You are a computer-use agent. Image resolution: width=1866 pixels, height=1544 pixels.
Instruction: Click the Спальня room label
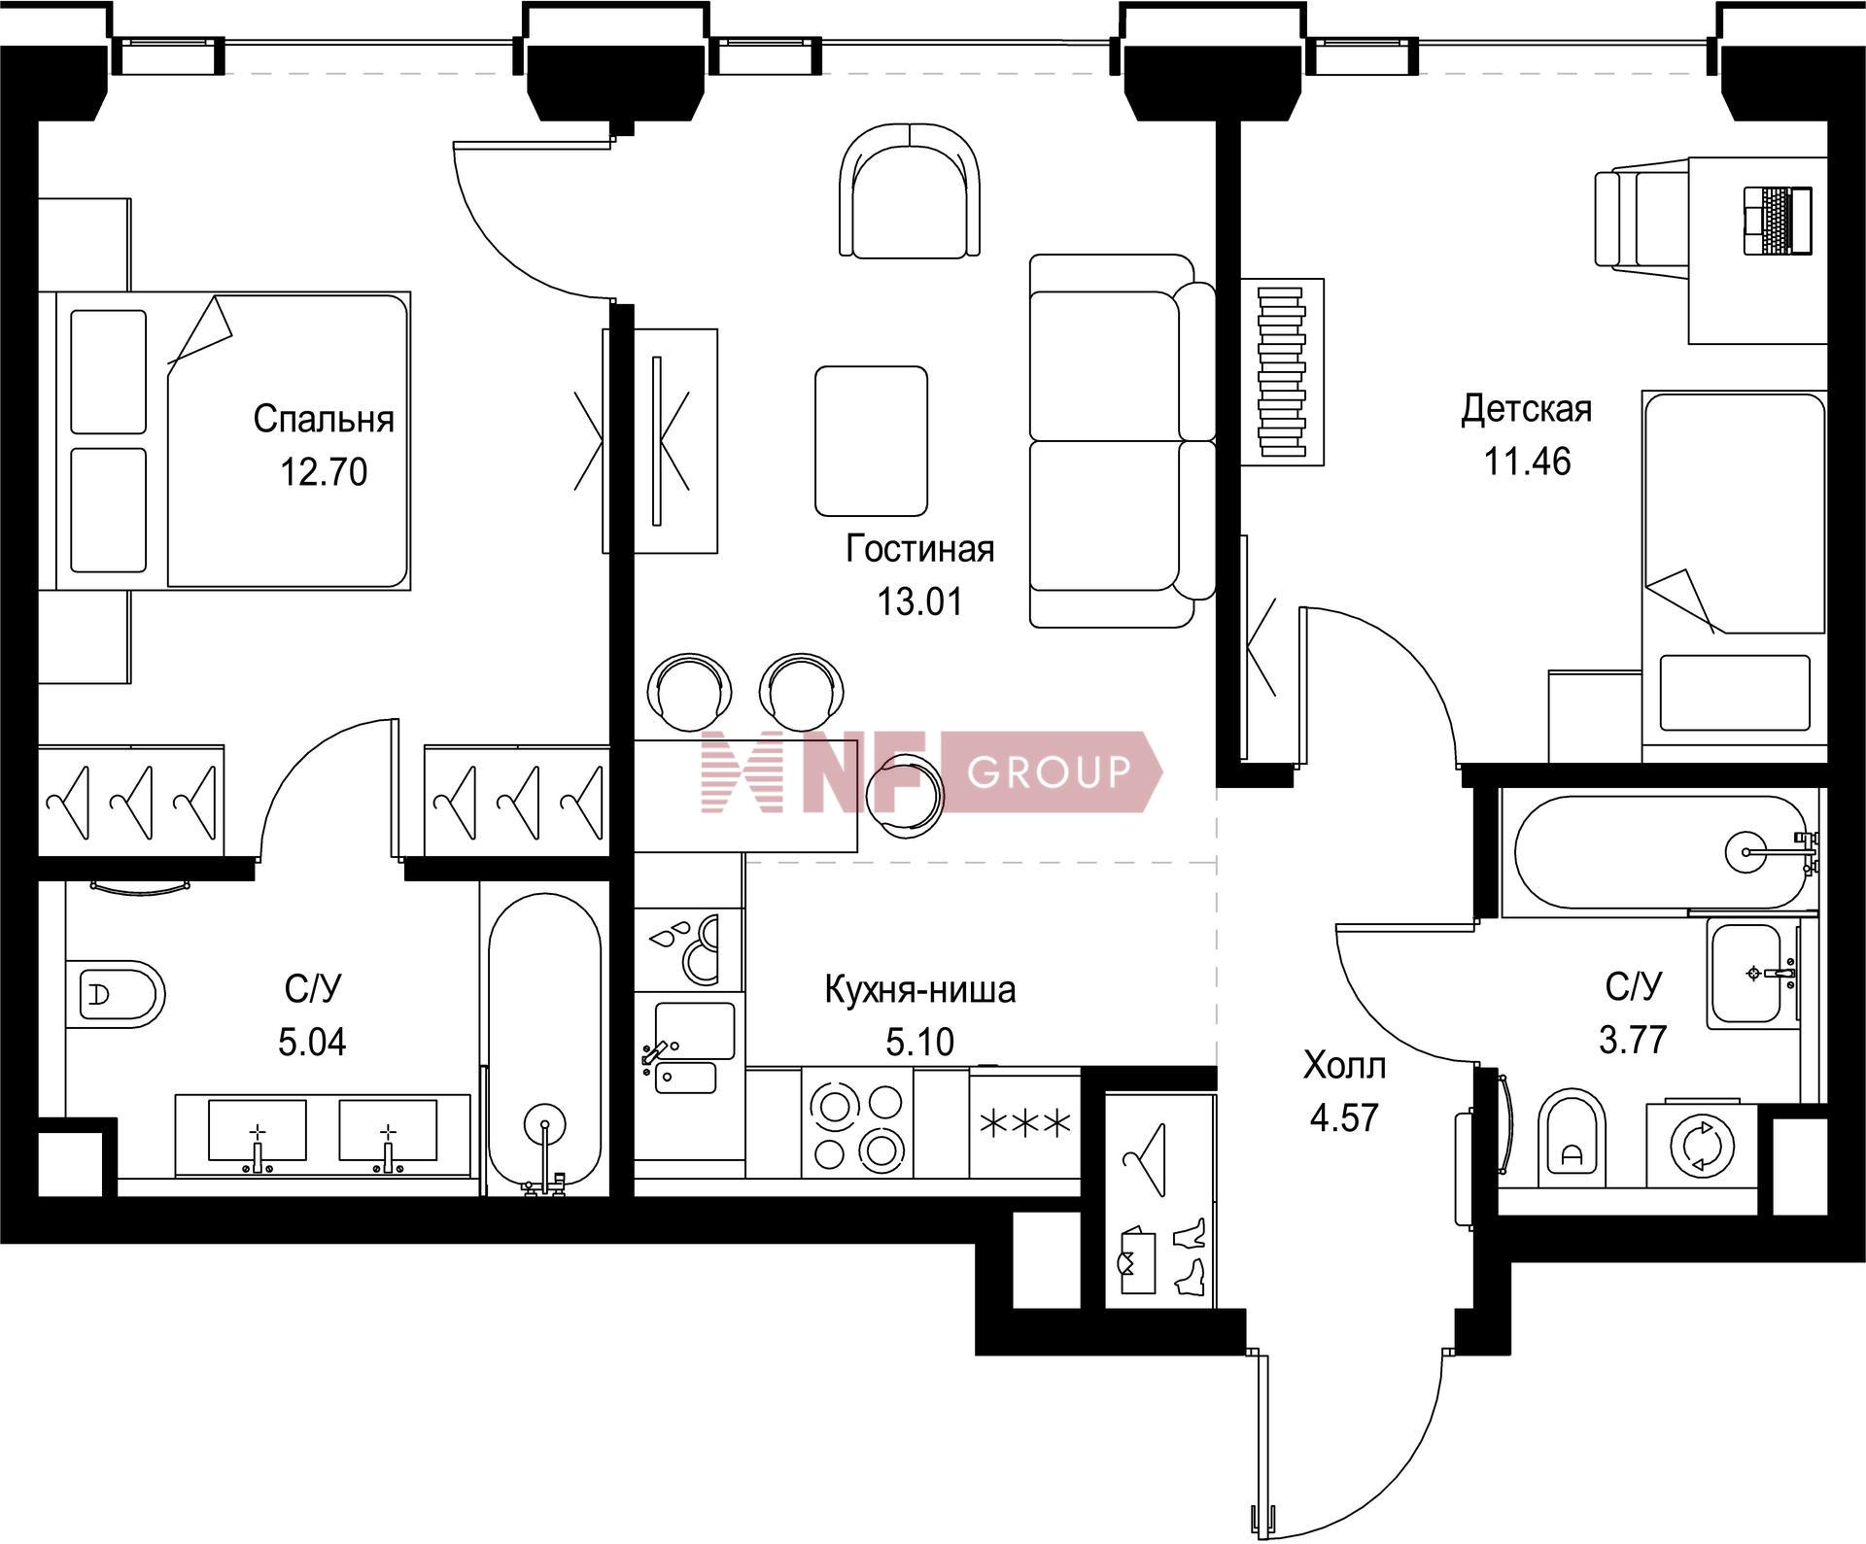324,419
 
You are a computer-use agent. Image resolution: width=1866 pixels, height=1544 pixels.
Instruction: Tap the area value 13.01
919,601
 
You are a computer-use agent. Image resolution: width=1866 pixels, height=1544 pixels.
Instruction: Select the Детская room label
1526,409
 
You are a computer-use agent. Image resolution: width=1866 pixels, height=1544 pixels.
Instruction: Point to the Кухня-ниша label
919,989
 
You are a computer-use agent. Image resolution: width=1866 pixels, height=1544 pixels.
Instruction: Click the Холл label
1344,1066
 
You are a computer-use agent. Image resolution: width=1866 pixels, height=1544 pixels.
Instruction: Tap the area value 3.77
1633,1040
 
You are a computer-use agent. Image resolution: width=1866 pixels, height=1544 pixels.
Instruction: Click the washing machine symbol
1701,1145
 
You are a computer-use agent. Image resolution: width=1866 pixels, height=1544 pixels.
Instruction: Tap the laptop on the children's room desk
1778,222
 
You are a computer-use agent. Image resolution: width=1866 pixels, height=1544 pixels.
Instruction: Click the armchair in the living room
910,191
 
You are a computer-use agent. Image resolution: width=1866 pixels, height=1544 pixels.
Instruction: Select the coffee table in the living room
871,440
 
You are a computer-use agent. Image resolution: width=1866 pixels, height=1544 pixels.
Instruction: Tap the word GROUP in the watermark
1050,772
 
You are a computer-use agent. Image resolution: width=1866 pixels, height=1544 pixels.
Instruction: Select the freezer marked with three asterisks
1025,1124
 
